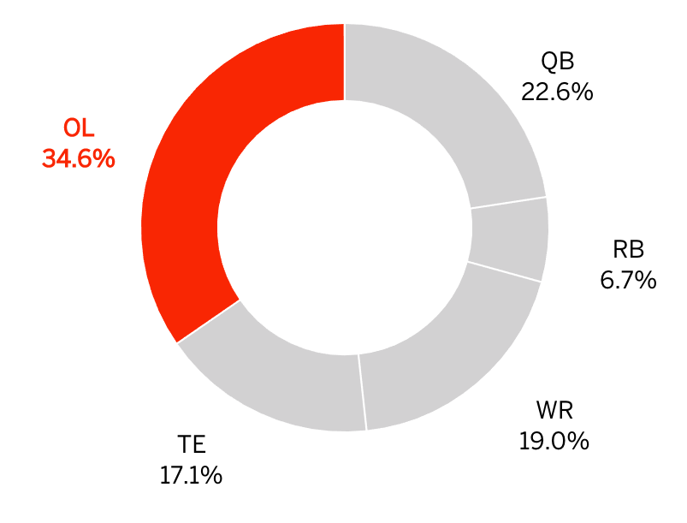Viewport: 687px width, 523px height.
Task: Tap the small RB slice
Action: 508,239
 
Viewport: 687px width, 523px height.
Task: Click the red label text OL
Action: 79,129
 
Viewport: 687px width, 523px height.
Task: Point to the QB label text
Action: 557,62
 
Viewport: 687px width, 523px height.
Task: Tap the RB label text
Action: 628,250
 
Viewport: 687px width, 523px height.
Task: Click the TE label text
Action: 192,445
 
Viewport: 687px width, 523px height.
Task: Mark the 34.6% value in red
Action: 79,158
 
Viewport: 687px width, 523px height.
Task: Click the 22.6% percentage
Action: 557,92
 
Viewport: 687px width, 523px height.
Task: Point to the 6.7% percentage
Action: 628,279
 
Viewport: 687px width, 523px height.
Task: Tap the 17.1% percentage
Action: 192,475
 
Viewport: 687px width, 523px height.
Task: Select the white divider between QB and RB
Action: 508,202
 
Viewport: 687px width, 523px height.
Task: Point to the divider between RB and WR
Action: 504,271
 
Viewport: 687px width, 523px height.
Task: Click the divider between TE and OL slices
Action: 209,321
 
